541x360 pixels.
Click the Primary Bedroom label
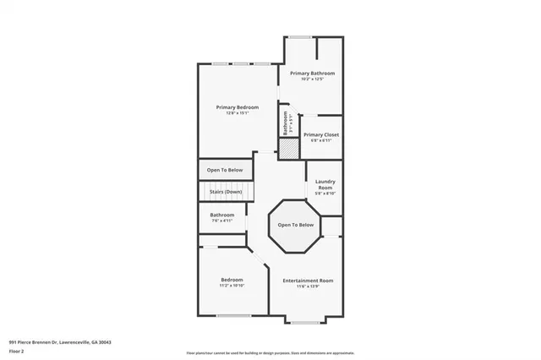pyautogui.click(x=237, y=107)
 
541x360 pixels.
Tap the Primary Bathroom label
pyautogui.click(x=312, y=74)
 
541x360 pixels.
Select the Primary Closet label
pyautogui.click(x=320, y=135)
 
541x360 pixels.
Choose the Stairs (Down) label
pyautogui.click(x=226, y=192)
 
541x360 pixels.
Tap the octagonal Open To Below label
pyautogui.click(x=296, y=225)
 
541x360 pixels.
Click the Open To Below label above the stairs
pyautogui.click(x=225, y=169)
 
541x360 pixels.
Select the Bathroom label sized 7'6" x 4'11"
pyautogui.click(x=222, y=215)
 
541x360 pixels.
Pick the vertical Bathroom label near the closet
pyautogui.click(x=286, y=124)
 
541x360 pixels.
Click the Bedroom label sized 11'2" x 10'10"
pyautogui.click(x=232, y=280)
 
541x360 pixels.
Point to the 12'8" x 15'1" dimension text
pyautogui.click(x=237, y=114)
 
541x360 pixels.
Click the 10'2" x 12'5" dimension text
pyautogui.click(x=312, y=80)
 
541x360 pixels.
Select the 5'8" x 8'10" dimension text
pyautogui.click(x=325, y=194)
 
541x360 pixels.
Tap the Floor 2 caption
pyautogui.click(x=17, y=350)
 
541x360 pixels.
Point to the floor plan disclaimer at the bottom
pyautogui.click(x=270, y=352)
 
